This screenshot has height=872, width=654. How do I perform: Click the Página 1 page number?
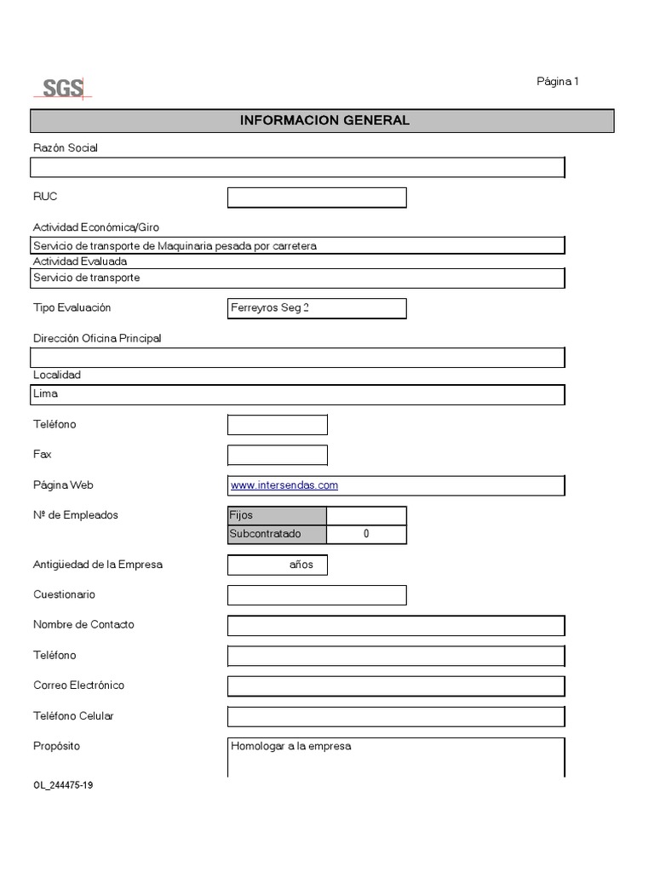(557, 82)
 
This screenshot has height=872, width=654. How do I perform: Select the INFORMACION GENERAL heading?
(324, 120)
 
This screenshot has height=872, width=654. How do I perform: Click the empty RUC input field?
(317, 198)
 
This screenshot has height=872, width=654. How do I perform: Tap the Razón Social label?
(66, 148)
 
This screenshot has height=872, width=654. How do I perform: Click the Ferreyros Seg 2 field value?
(269, 308)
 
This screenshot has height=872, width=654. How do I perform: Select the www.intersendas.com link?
(284, 485)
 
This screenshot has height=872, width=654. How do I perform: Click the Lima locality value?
(45, 394)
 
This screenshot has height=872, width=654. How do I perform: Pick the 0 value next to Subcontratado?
(366, 535)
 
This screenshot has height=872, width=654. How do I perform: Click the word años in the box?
(301, 565)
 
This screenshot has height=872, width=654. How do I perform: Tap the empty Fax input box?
(278, 455)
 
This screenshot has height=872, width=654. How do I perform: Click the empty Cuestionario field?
(317, 595)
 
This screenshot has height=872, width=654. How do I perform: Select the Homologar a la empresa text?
(290, 747)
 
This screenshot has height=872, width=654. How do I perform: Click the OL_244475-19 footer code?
(63, 785)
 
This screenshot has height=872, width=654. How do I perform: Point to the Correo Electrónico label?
(78, 686)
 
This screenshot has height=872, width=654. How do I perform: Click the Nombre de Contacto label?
(83, 624)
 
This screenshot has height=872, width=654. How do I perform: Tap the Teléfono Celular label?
(73, 716)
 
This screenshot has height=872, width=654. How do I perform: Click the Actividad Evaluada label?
(80, 261)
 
